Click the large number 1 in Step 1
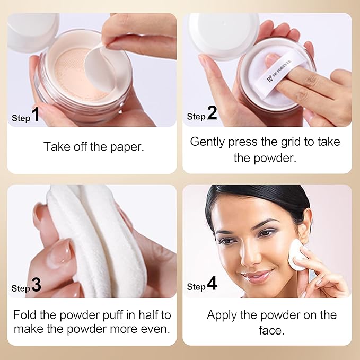36,115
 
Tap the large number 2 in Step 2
212,113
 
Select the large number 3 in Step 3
36,285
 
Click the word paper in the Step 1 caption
127,147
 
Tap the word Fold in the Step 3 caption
24,314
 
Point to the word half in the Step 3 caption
148,314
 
